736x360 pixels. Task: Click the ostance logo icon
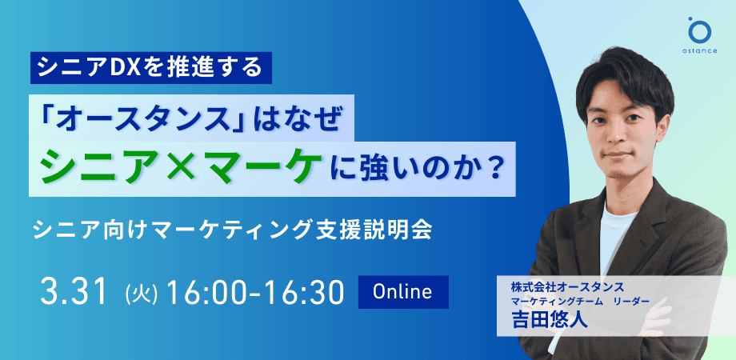699,30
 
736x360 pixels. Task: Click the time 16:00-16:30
255,293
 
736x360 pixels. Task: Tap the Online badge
404,291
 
